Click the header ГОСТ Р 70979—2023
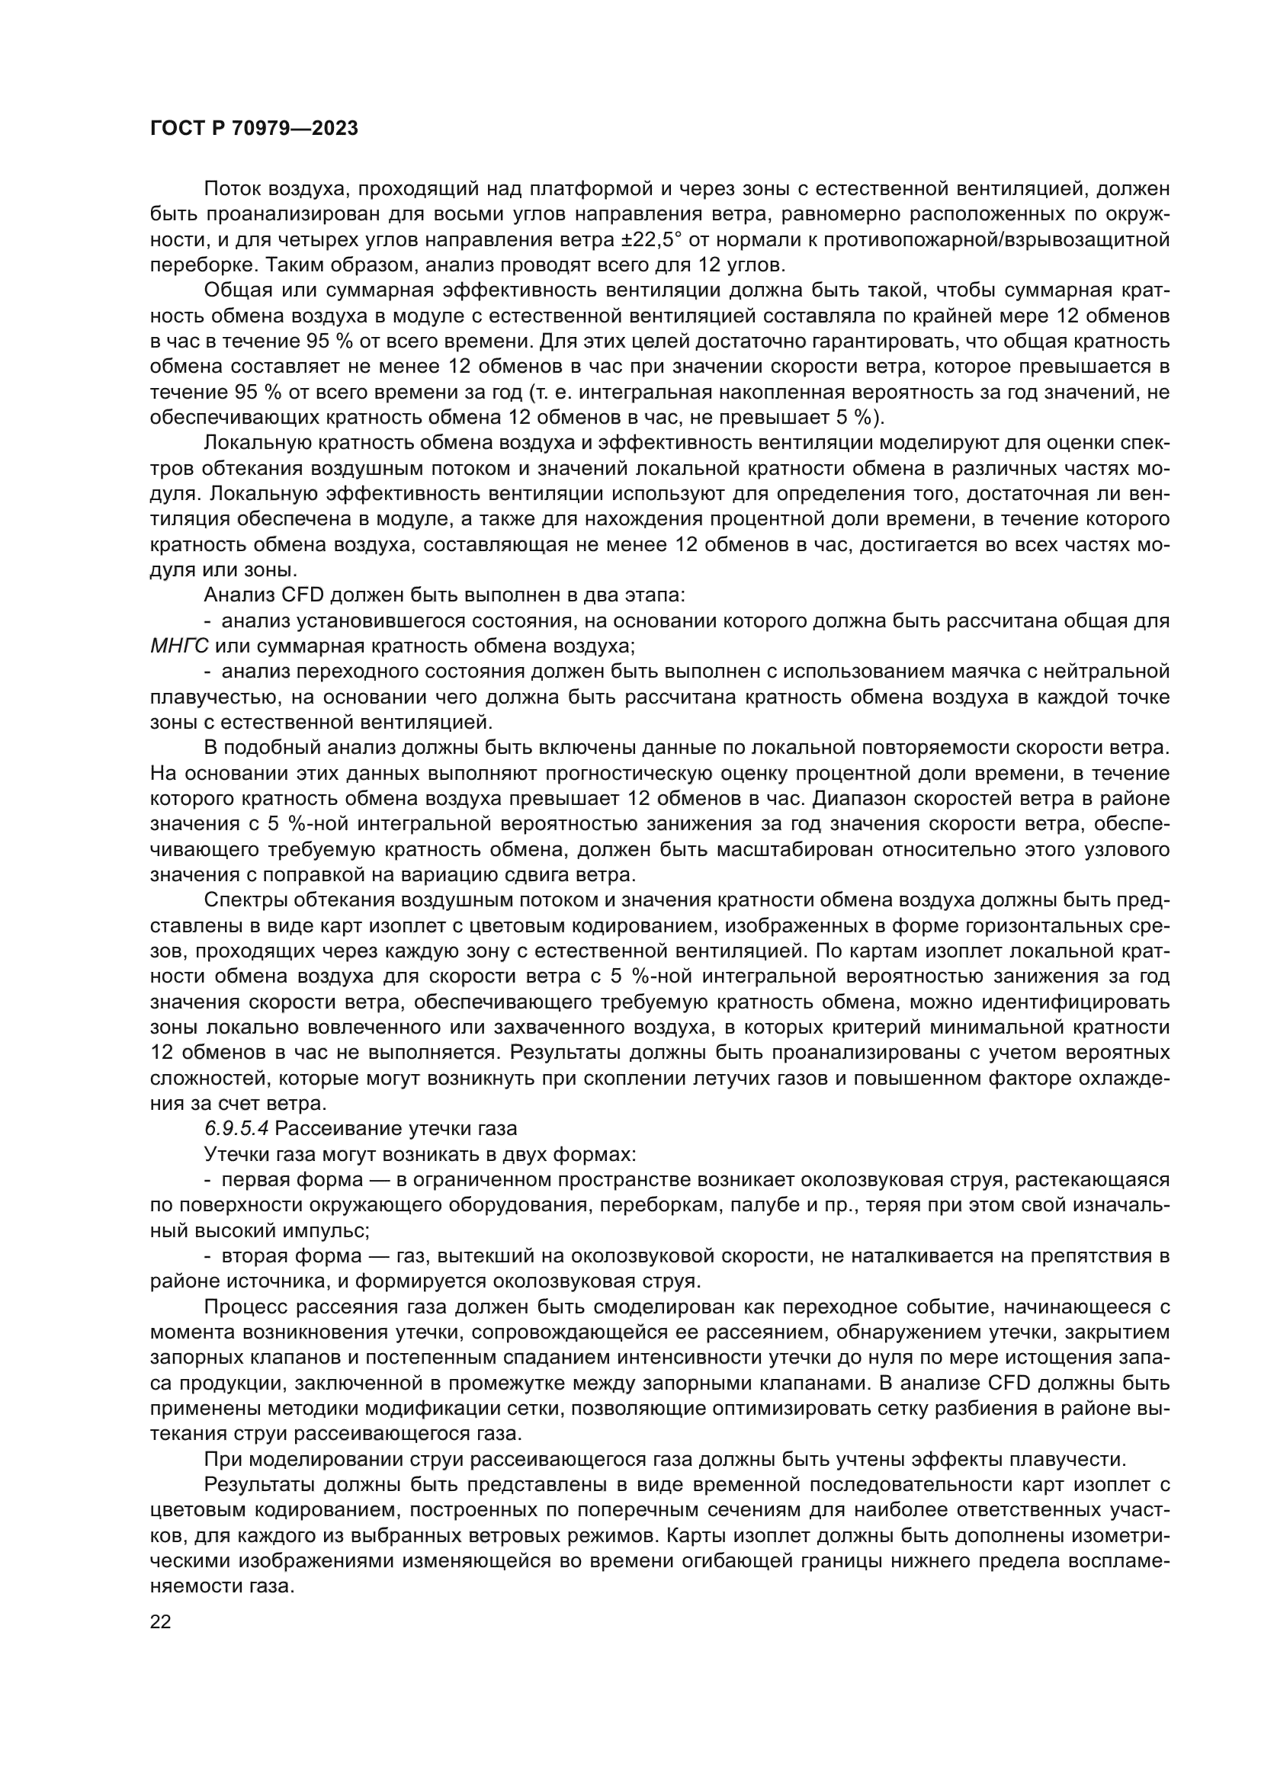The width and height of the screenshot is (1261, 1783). click(x=254, y=129)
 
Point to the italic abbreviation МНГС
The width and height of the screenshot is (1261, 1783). click(x=178, y=646)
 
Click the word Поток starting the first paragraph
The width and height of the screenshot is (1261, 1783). click(x=233, y=189)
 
